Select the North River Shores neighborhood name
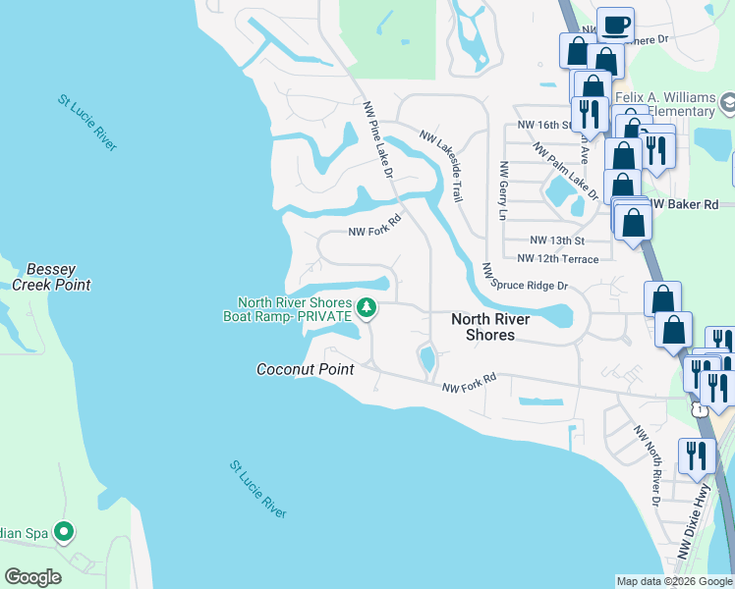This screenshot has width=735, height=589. [489, 327]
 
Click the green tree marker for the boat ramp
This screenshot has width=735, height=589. [367, 308]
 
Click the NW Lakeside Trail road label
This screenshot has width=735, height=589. [441, 165]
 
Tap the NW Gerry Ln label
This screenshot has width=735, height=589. [502, 190]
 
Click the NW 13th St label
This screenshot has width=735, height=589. [557, 240]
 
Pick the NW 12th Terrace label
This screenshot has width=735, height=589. [557, 258]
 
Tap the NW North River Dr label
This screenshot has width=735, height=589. [653, 459]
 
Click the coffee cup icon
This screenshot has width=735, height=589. [615, 25]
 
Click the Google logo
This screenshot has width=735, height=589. [32, 577]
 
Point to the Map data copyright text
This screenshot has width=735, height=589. [674, 581]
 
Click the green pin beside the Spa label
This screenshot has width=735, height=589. [65, 533]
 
